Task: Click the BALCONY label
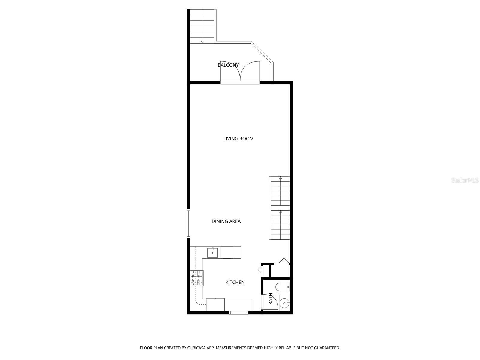tap(228, 65)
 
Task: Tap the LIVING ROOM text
tap(238, 139)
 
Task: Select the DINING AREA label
tap(226, 221)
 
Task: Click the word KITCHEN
tap(235, 282)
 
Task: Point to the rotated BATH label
tap(271, 299)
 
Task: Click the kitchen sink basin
tap(213, 252)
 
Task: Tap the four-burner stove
tap(197, 278)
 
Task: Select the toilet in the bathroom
tap(283, 287)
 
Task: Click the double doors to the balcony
tap(240, 72)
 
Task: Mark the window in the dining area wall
tap(189, 223)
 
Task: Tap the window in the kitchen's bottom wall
tap(238, 313)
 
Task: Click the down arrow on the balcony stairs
tap(202, 41)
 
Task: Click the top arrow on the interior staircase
tap(280, 178)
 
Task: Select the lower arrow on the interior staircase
tap(280, 212)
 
